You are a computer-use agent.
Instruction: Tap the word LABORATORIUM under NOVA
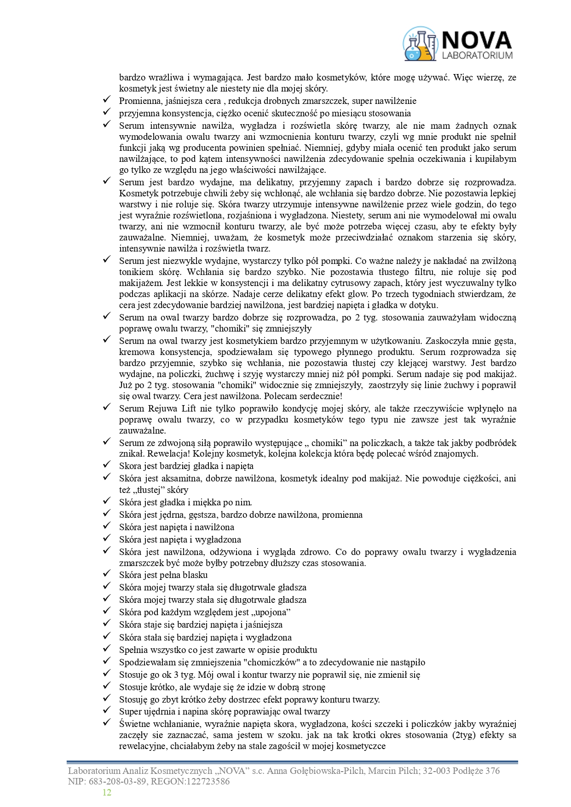tap(477, 55)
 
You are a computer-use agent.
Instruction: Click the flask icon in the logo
tap(419, 44)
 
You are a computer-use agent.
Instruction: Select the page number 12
tap(107, 792)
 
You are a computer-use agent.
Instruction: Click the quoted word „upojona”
tap(271, 612)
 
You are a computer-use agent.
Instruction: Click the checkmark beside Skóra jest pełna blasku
tap(107, 574)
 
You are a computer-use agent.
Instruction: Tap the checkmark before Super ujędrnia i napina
tap(107, 711)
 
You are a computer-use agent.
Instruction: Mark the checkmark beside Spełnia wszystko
tap(107, 649)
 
